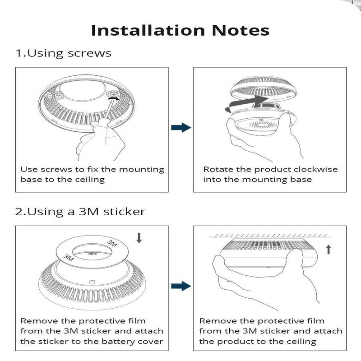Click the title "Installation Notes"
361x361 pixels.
(180, 30)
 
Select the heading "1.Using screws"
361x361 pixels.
(64, 53)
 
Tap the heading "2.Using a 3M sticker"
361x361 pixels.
(80, 212)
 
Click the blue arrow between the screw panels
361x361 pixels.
(180, 128)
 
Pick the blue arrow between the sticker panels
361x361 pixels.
(180, 286)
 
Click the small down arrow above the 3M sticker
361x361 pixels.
(139, 238)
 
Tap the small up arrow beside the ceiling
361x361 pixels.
(329, 248)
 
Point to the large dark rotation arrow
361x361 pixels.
(246, 102)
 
